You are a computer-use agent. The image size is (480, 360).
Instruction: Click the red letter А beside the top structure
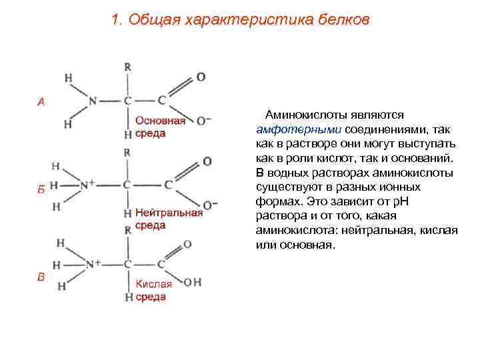pyautogui.click(x=41, y=102)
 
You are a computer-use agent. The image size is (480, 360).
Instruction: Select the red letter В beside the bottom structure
pyautogui.click(x=41, y=277)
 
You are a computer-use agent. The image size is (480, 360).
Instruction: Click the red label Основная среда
pyautogui.click(x=160, y=127)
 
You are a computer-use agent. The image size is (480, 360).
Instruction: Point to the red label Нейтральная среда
pyautogui.click(x=168, y=219)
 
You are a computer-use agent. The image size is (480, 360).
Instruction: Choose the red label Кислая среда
pyautogui.click(x=153, y=290)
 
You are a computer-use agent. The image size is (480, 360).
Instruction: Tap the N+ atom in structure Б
pyautogui.click(x=87, y=185)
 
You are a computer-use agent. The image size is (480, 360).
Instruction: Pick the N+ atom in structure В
pyautogui.click(x=92, y=265)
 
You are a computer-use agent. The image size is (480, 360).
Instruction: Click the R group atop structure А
pyautogui.click(x=127, y=67)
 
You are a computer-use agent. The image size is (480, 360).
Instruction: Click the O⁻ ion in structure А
pyautogui.click(x=203, y=121)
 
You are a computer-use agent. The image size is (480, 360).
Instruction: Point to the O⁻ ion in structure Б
pyautogui.click(x=209, y=205)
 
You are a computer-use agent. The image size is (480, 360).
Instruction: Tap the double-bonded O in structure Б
pyautogui.click(x=207, y=161)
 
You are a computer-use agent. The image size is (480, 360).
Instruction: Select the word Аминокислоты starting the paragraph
pyautogui.click(x=301, y=115)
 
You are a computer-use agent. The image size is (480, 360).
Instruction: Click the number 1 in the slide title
pyautogui.click(x=116, y=20)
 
